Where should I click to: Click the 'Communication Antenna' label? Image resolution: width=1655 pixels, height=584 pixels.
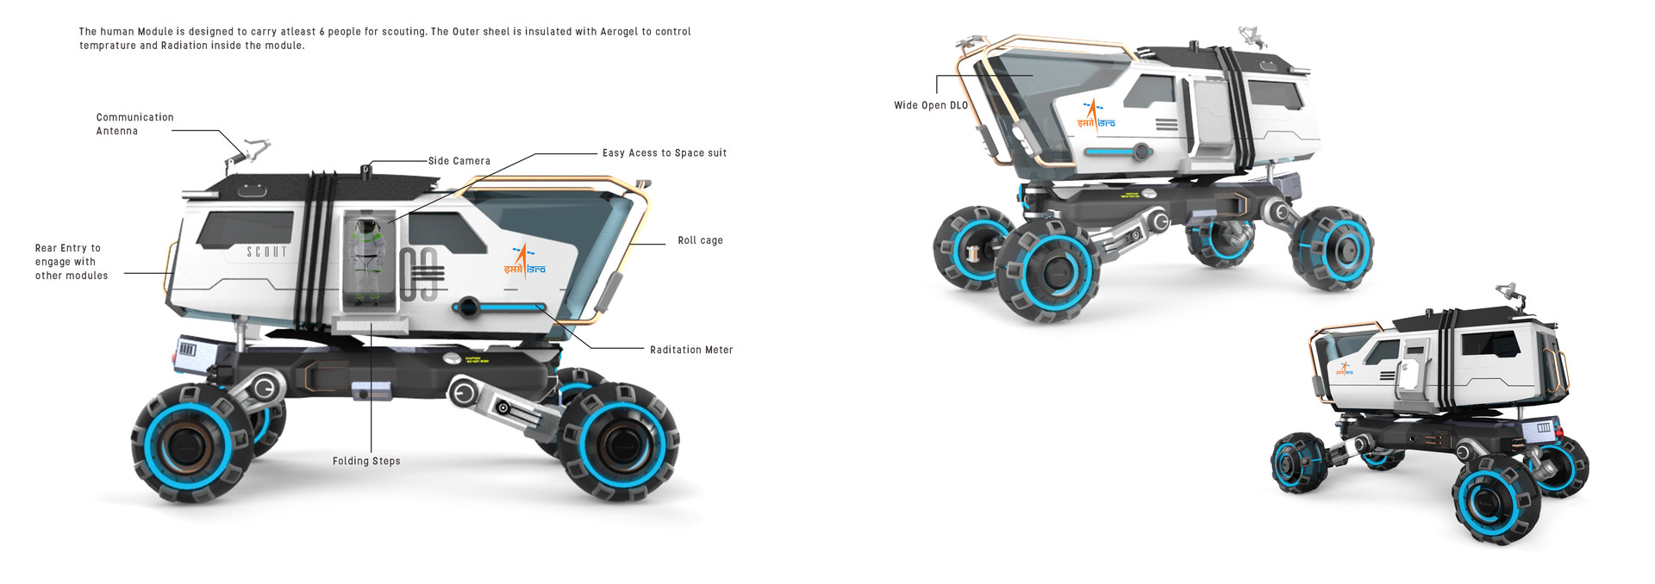click(134, 124)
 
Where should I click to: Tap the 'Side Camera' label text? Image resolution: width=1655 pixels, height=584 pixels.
click(459, 161)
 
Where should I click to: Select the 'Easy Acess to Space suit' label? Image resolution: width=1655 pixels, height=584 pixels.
click(664, 153)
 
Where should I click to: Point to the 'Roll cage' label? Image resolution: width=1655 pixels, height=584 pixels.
click(700, 240)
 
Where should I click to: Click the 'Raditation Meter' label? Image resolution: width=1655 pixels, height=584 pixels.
click(691, 350)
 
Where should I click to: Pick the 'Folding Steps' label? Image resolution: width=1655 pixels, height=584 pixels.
click(366, 461)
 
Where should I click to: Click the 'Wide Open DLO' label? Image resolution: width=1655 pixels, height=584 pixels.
click(930, 105)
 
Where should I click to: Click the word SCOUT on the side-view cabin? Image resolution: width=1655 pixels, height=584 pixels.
click(267, 252)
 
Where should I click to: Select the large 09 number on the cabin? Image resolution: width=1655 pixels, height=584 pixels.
click(420, 274)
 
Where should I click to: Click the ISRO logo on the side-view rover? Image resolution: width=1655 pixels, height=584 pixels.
click(524, 261)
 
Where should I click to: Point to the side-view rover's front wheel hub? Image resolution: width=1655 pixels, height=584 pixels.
click(619, 444)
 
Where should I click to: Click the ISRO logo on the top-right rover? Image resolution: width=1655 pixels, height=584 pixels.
click(1096, 115)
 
